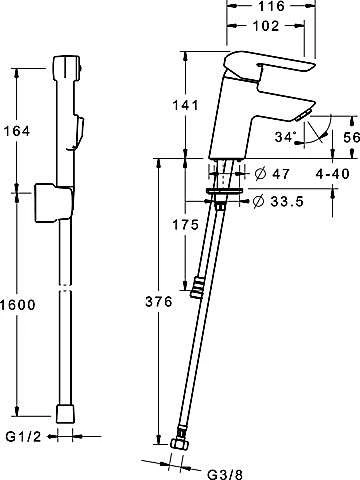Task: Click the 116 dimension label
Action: pos(271,6)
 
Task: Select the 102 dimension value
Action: pos(266,26)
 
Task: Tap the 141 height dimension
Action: pos(185,105)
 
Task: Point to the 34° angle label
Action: pos(286,137)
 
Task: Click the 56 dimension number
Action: pos(352,137)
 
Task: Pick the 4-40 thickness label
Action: pos(332,174)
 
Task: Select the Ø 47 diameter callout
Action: pos(272,174)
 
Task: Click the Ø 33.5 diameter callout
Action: pos(278,201)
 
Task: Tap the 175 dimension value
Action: pos(185,225)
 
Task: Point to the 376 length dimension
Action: pos(159,302)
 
